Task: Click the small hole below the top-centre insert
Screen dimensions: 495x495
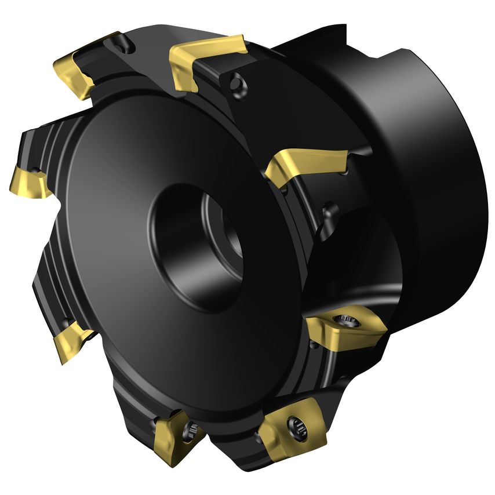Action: (x=235, y=85)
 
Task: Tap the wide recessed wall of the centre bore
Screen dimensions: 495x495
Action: (x=174, y=243)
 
